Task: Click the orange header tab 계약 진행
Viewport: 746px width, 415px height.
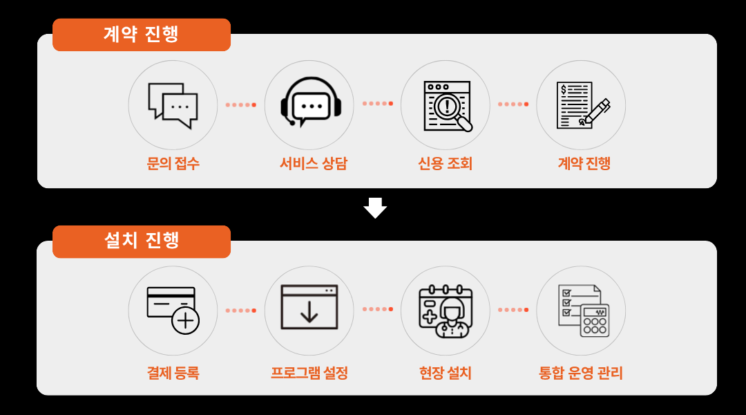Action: (141, 35)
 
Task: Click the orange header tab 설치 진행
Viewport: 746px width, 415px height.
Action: (141, 241)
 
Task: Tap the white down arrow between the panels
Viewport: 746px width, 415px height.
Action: (375, 207)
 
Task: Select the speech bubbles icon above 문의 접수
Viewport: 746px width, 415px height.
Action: (173, 105)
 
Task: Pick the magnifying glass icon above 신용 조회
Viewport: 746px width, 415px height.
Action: (446, 105)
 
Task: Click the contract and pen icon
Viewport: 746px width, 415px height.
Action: (581, 105)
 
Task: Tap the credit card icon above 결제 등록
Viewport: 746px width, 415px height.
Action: (173, 311)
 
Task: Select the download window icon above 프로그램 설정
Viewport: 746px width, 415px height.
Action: (309, 308)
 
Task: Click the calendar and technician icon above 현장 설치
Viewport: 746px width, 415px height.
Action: (446, 311)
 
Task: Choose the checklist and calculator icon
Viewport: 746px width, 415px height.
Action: (581, 311)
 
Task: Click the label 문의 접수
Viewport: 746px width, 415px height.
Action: (173, 164)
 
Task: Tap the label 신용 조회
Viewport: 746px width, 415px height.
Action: (445, 164)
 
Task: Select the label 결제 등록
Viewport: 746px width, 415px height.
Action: (173, 373)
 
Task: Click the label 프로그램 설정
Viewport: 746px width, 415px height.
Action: (309, 373)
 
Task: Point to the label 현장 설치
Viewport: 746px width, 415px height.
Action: (445, 373)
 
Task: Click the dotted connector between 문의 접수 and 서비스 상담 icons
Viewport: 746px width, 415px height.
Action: (240, 105)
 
